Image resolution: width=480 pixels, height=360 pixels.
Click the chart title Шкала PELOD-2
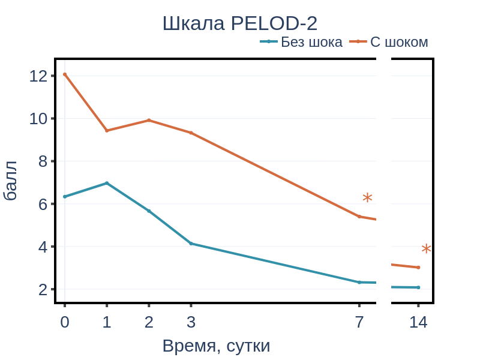pyautogui.click(x=240, y=23)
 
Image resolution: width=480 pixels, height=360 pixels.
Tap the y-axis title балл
pyautogui.click(x=10, y=181)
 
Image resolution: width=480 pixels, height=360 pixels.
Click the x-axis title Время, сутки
pyautogui.click(x=216, y=346)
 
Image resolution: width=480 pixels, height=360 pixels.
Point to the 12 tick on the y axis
pyautogui.click(x=38, y=76)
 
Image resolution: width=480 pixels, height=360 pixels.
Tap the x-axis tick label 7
pyautogui.click(x=359, y=322)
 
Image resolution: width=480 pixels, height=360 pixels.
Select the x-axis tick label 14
pyautogui.click(x=418, y=322)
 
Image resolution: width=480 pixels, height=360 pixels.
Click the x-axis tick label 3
pyautogui.click(x=191, y=322)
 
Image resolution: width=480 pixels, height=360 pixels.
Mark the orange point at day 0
pyautogui.click(x=65, y=74)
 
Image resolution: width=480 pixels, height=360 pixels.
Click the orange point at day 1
pyautogui.click(x=107, y=130)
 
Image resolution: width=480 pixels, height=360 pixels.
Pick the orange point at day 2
pyautogui.click(x=149, y=120)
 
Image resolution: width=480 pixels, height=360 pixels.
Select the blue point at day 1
pyautogui.click(x=107, y=183)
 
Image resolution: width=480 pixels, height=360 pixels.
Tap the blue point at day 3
pyautogui.click(x=191, y=244)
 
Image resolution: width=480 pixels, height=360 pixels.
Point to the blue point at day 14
pyautogui.click(x=418, y=287)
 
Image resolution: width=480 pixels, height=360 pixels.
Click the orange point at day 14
pyautogui.click(x=418, y=268)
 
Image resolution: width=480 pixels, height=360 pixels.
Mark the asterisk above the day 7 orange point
pyautogui.click(x=367, y=197)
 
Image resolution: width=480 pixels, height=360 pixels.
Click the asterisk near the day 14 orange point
pyautogui.click(x=426, y=249)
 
